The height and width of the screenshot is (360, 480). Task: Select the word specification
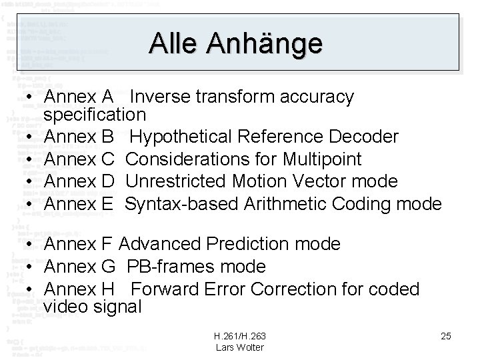(x=95, y=115)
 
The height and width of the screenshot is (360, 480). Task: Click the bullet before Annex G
(x=31, y=267)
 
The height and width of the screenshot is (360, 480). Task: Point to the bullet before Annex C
(x=31, y=159)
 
